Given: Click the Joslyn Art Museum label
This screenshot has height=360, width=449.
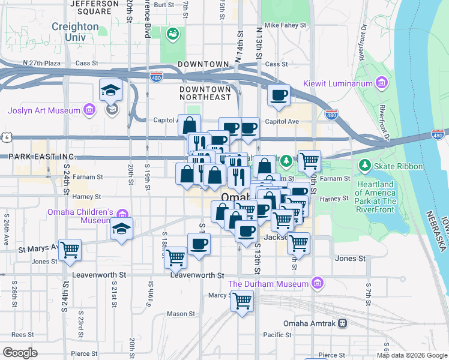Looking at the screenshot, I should point(44,110).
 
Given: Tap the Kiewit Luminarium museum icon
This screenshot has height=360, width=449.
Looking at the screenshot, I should point(381,82).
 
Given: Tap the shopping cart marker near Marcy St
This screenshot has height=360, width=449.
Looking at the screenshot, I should point(243,299).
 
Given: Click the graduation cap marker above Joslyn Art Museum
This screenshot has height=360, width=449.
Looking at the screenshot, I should point(111,90).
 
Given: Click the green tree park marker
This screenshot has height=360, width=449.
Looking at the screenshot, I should point(286,160).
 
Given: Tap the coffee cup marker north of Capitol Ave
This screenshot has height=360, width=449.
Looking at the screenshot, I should point(279,95).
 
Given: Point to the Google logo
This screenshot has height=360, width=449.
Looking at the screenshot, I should point(20,353).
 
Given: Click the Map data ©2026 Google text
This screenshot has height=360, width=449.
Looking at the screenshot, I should point(412,355).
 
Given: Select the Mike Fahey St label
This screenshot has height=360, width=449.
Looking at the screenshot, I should point(285,26).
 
